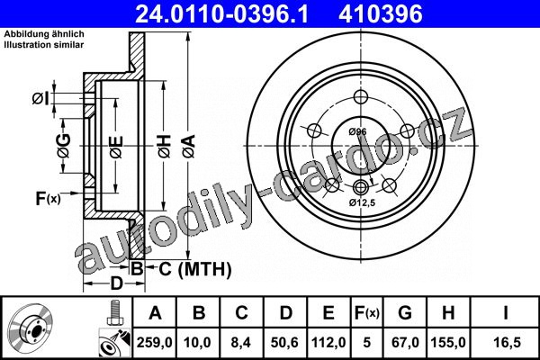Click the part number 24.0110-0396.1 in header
[x=221, y=13]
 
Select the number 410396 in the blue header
[x=381, y=13]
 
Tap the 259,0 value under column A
[x=154, y=342]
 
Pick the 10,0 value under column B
[x=197, y=342]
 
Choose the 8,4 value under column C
[x=241, y=342]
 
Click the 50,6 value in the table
[x=284, y=342]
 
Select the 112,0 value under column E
[x=328, y=342]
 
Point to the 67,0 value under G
[x=405, y=342]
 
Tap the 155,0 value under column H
[x=448, y=342]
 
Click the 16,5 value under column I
[x=506, y=342]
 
